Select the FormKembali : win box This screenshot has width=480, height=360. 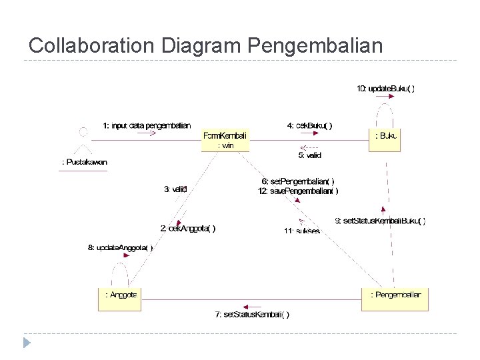[225, 140]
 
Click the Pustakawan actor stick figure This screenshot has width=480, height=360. [83, 141]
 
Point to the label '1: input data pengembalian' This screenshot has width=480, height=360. [147, 125]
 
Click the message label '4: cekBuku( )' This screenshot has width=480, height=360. [309, 125]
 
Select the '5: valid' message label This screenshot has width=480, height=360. [309, 155]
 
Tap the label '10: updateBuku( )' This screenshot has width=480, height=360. [385, 89]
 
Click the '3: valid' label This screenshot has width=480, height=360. [175, 189]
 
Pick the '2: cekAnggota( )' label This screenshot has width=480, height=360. [187, 228]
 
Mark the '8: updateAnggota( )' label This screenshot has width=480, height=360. [121, 248]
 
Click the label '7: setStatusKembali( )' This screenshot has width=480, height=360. [252, 315]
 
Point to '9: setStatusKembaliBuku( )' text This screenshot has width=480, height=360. [379, 221]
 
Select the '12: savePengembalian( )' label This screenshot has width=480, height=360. [298, 191]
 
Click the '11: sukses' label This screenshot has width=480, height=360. [302, 231]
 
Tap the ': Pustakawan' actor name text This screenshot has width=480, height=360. [84, 162]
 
